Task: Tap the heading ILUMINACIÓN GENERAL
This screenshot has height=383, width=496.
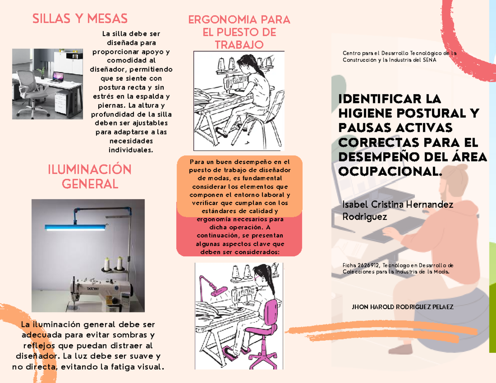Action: pyautogui.click(x=90, y=176)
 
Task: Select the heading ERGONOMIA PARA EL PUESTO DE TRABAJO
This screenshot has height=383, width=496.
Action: pyautogui.click(x=239, y=32)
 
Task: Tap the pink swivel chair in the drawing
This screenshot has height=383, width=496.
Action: pyautogui.click(x=265, y=326)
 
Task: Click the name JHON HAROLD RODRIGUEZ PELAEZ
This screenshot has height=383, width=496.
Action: pyautogui.click(x=402, y=307)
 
